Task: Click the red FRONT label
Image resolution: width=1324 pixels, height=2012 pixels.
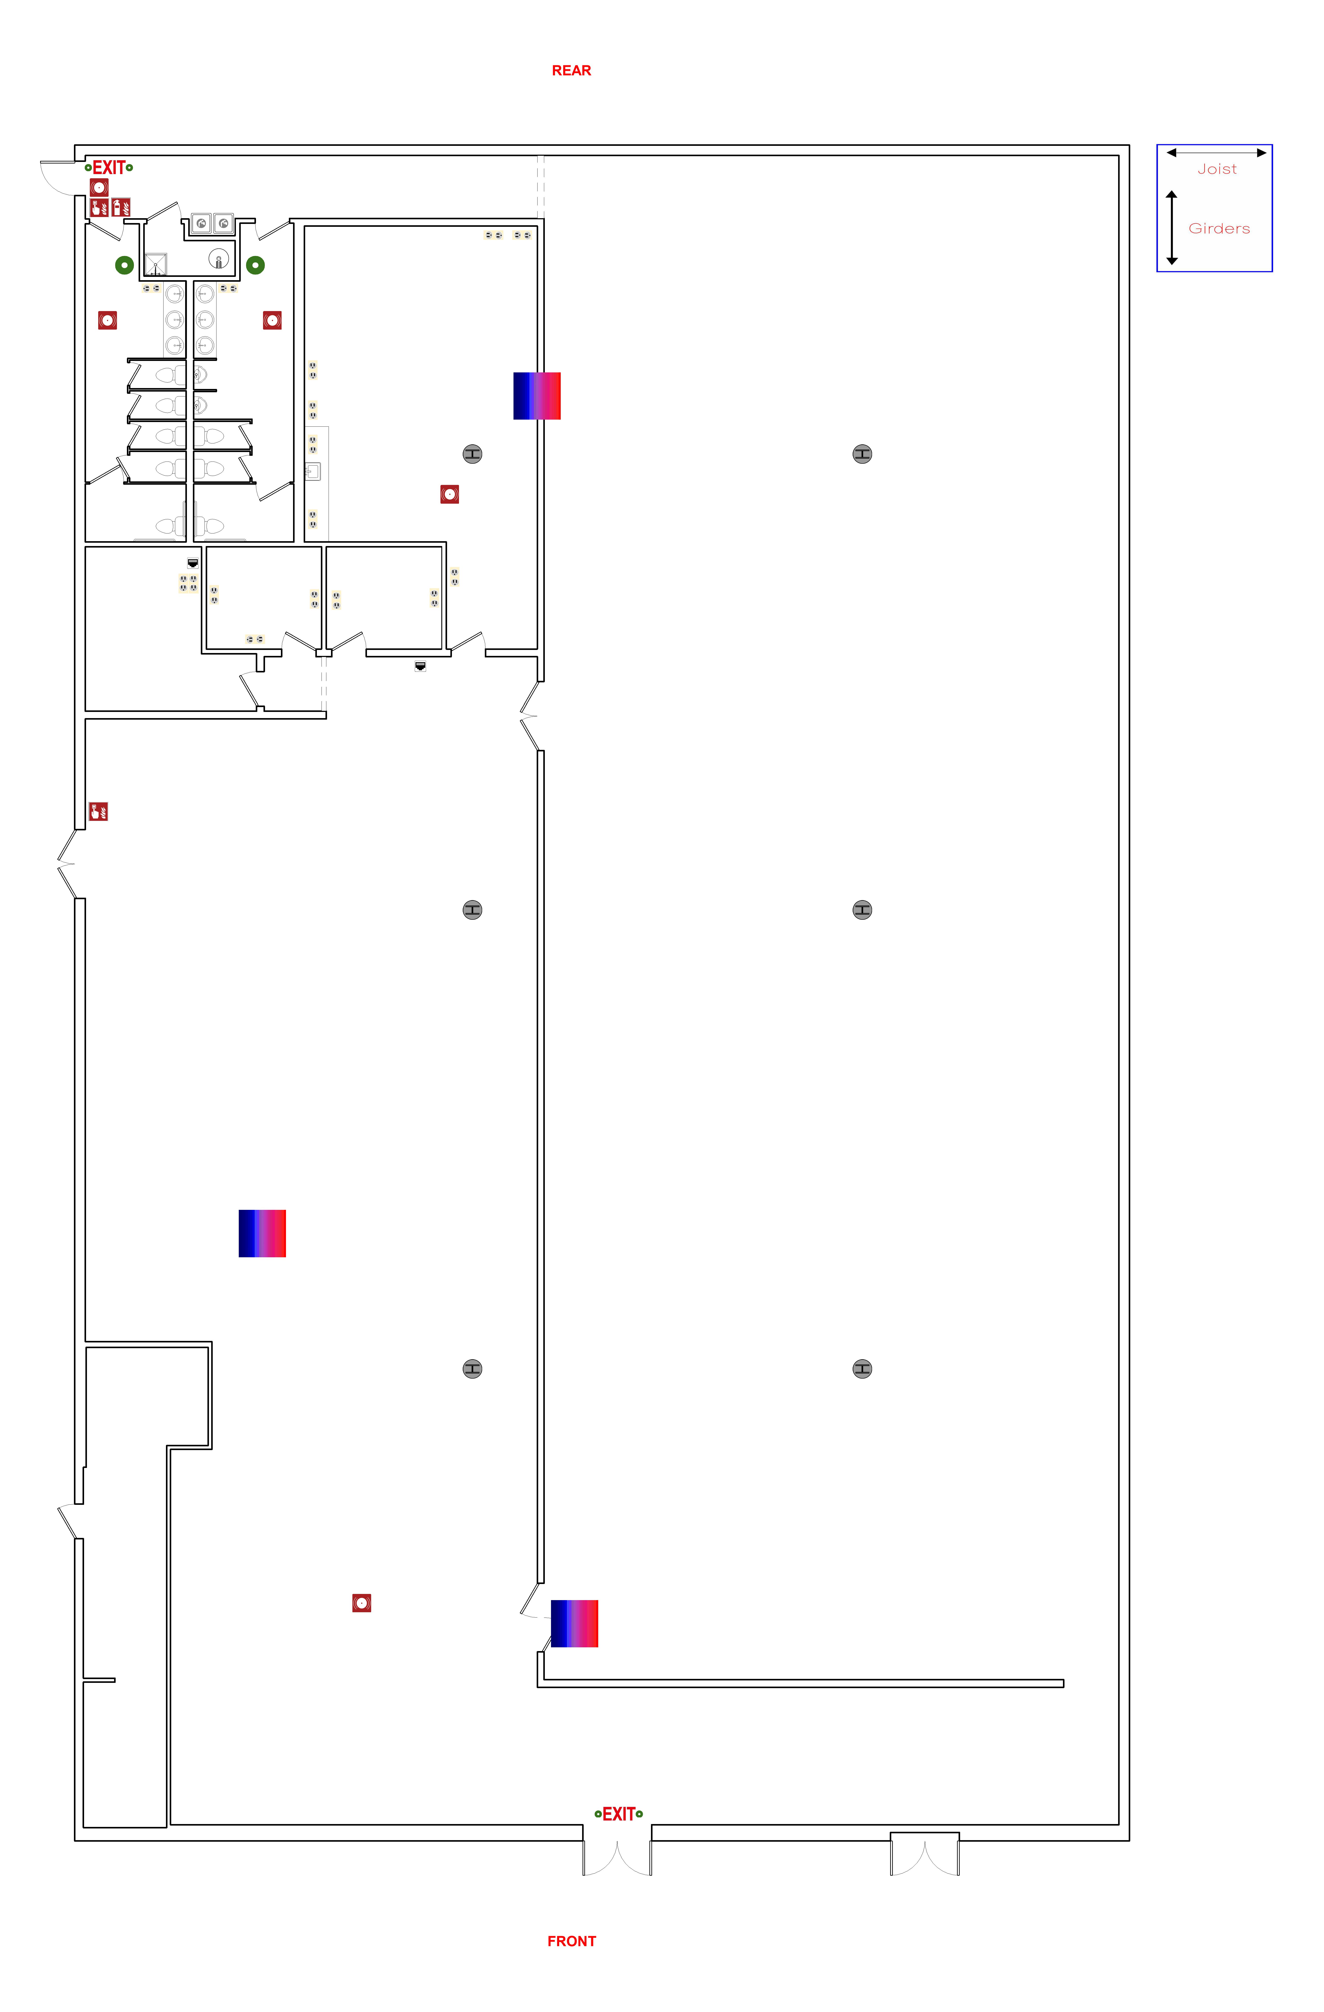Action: pyautogui.click(x=572, y=1941)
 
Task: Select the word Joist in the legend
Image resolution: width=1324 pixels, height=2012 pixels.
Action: pyautogui.click(x=1217, y=169)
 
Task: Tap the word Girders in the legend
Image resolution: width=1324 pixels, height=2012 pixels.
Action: pyautogui.click(x=1218, y=228)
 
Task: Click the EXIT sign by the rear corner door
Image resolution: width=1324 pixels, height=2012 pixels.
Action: pyautogui.click(x=109, y=167)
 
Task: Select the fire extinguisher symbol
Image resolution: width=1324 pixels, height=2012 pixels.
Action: pyautogui.click(x=121, y=207)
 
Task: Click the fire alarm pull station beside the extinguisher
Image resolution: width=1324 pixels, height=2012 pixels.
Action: pyautogui.click(x=99, y=207)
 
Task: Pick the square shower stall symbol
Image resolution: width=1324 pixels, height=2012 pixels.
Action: pyautogui.click(x=156, y=265)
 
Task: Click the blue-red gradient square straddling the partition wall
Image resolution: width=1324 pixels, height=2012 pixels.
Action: pyautogui.click(x=537, y=396)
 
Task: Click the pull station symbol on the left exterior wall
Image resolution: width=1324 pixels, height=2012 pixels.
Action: pyautogui.click(x=98, y=812)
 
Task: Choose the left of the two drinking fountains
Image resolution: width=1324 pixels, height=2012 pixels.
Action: pyautogui.click(x=201, y=223)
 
